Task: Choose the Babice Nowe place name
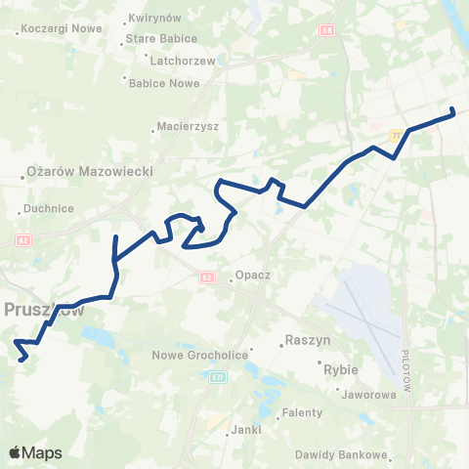165,83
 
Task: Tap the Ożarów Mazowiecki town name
90,172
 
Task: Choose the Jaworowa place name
370,396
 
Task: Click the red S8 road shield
326,30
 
